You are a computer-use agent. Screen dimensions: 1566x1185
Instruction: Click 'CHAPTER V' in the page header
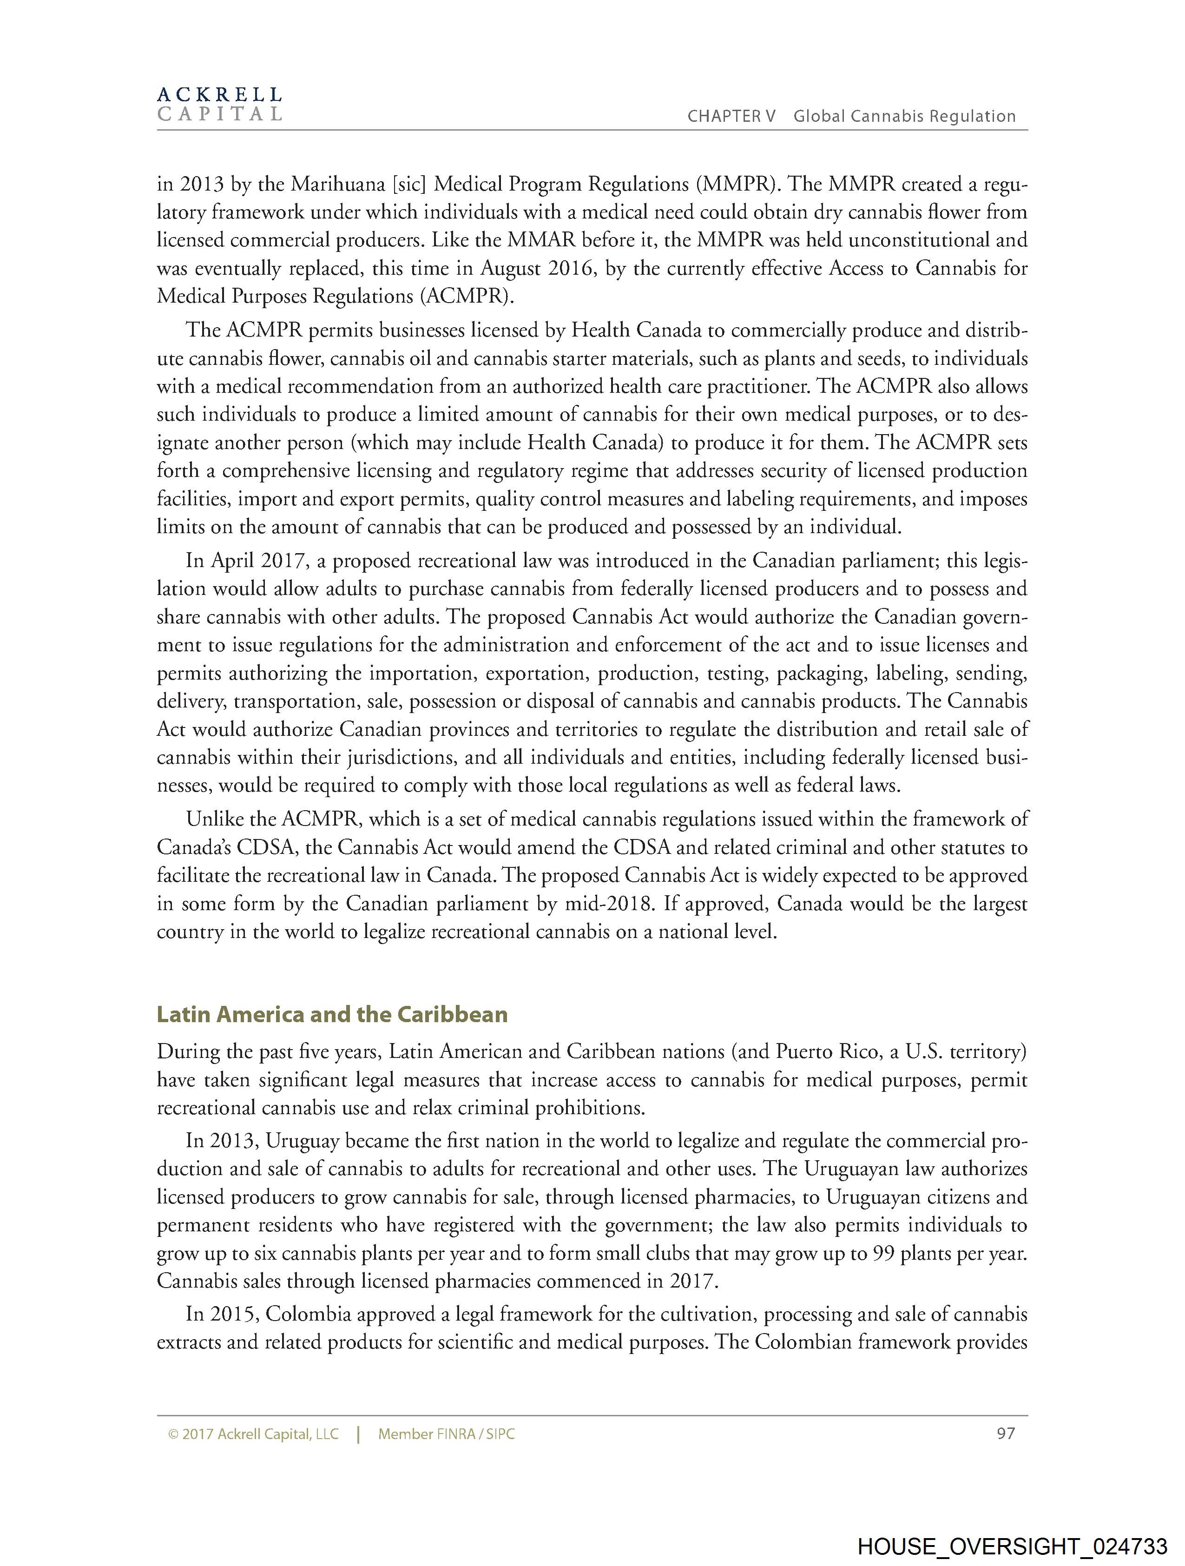coord(731,117)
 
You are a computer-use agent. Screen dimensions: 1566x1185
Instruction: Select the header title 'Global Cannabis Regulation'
coord(904,117)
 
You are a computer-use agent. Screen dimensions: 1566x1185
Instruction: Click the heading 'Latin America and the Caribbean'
coord(332,1015)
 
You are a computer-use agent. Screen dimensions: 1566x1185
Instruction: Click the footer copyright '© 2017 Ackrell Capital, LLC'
coord(253,1434)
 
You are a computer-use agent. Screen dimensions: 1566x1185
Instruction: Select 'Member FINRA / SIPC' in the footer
coord(446,1434)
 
